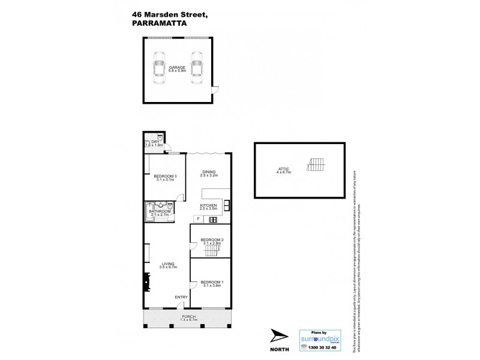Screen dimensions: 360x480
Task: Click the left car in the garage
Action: tap(159, 67)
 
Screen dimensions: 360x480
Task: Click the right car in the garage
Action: tap(196, 67)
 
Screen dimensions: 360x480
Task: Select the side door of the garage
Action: tap(217, 90)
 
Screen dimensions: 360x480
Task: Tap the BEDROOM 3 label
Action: tap(164, 176)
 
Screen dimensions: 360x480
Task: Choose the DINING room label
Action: tap(209, 172)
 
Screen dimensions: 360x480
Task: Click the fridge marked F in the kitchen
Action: tap(197, 219)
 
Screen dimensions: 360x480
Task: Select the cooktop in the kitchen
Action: tap(212, 220)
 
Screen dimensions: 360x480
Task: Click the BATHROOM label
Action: tap(160, 211)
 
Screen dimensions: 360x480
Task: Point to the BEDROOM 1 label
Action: tap(211, 282)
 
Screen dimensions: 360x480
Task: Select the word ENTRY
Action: tap(181, 298)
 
